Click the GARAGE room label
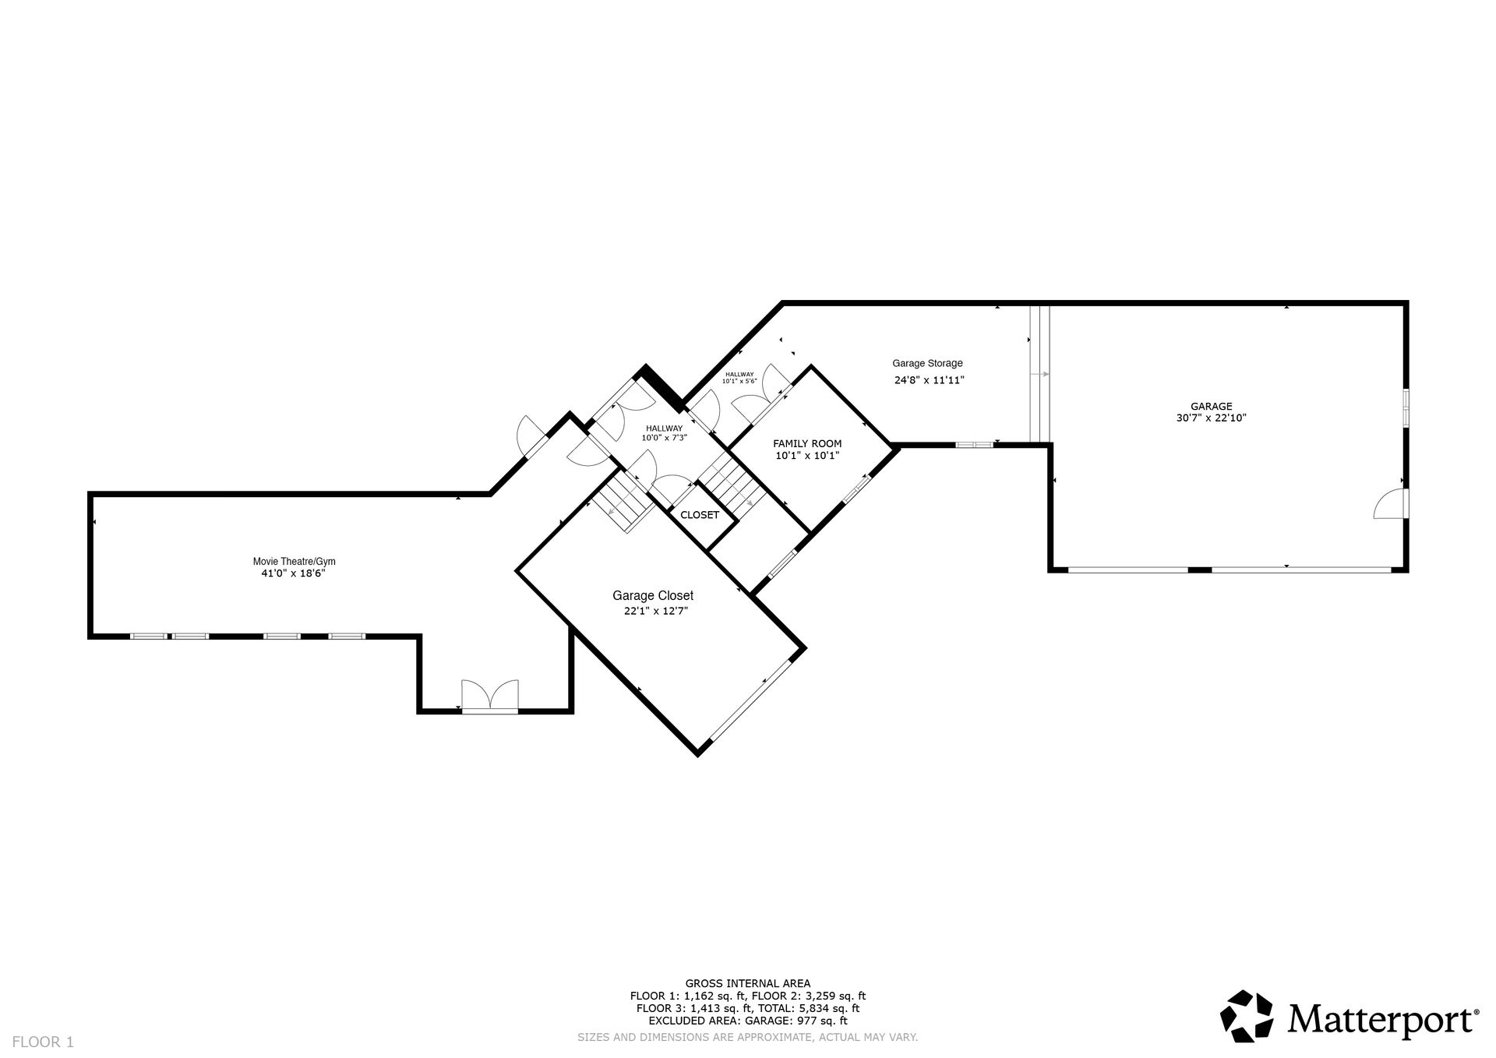(1211, 406)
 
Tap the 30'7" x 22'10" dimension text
(1211, 418)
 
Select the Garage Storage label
(927, 363)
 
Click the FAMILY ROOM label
(807, 443)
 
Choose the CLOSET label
(700, 515)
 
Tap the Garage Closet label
(653, 596)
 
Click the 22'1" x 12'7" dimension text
(656, 612)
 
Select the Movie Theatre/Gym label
(295, 561)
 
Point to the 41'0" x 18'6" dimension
(293, 573)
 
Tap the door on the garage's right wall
(1392, 503)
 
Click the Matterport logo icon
(1247, 1016)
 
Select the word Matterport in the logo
(1381, 1018)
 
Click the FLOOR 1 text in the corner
(43, 1042)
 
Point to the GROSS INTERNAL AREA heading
(748, 983)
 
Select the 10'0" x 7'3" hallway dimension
(664, 438)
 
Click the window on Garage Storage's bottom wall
(975, 445)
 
